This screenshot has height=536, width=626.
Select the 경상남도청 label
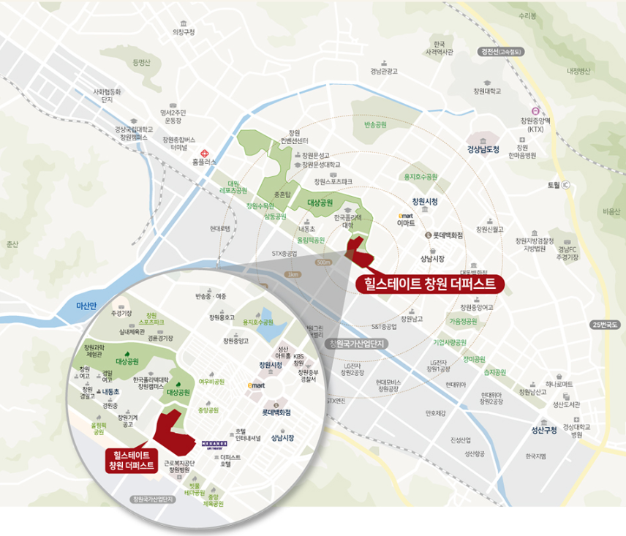click(483, 149)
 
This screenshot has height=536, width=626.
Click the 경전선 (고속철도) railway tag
click(504, 51)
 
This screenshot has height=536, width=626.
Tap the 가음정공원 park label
click(462, 320)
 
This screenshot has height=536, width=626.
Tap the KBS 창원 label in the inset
click(298, 360)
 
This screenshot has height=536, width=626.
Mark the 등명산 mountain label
click(141, 63)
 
